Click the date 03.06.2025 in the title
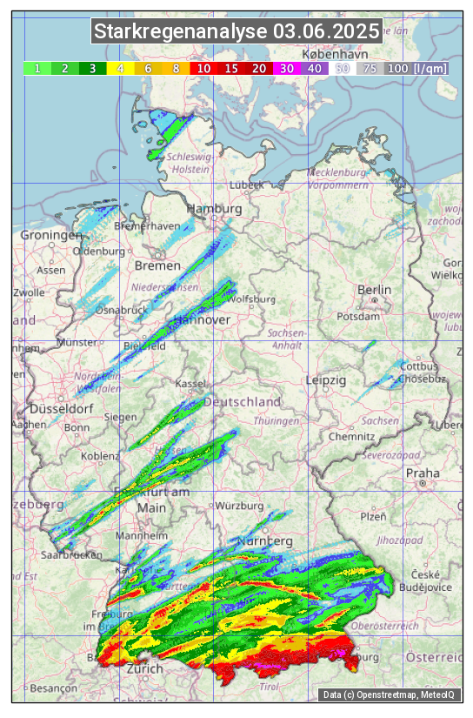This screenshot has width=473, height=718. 326,32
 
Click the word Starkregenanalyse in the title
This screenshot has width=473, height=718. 182,32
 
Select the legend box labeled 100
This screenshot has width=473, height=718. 397,68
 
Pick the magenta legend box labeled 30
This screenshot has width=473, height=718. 286,68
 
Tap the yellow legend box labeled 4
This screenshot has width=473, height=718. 120,68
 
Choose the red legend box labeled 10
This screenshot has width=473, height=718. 203,68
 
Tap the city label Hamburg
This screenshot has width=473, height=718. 214,209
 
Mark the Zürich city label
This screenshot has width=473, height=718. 144,668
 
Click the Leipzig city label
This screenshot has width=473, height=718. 326,380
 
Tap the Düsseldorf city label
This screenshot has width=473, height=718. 61,408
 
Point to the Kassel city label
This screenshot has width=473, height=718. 190,384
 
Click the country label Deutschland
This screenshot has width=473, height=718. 243,402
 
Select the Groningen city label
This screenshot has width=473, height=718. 50,236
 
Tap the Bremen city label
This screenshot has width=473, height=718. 157,265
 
